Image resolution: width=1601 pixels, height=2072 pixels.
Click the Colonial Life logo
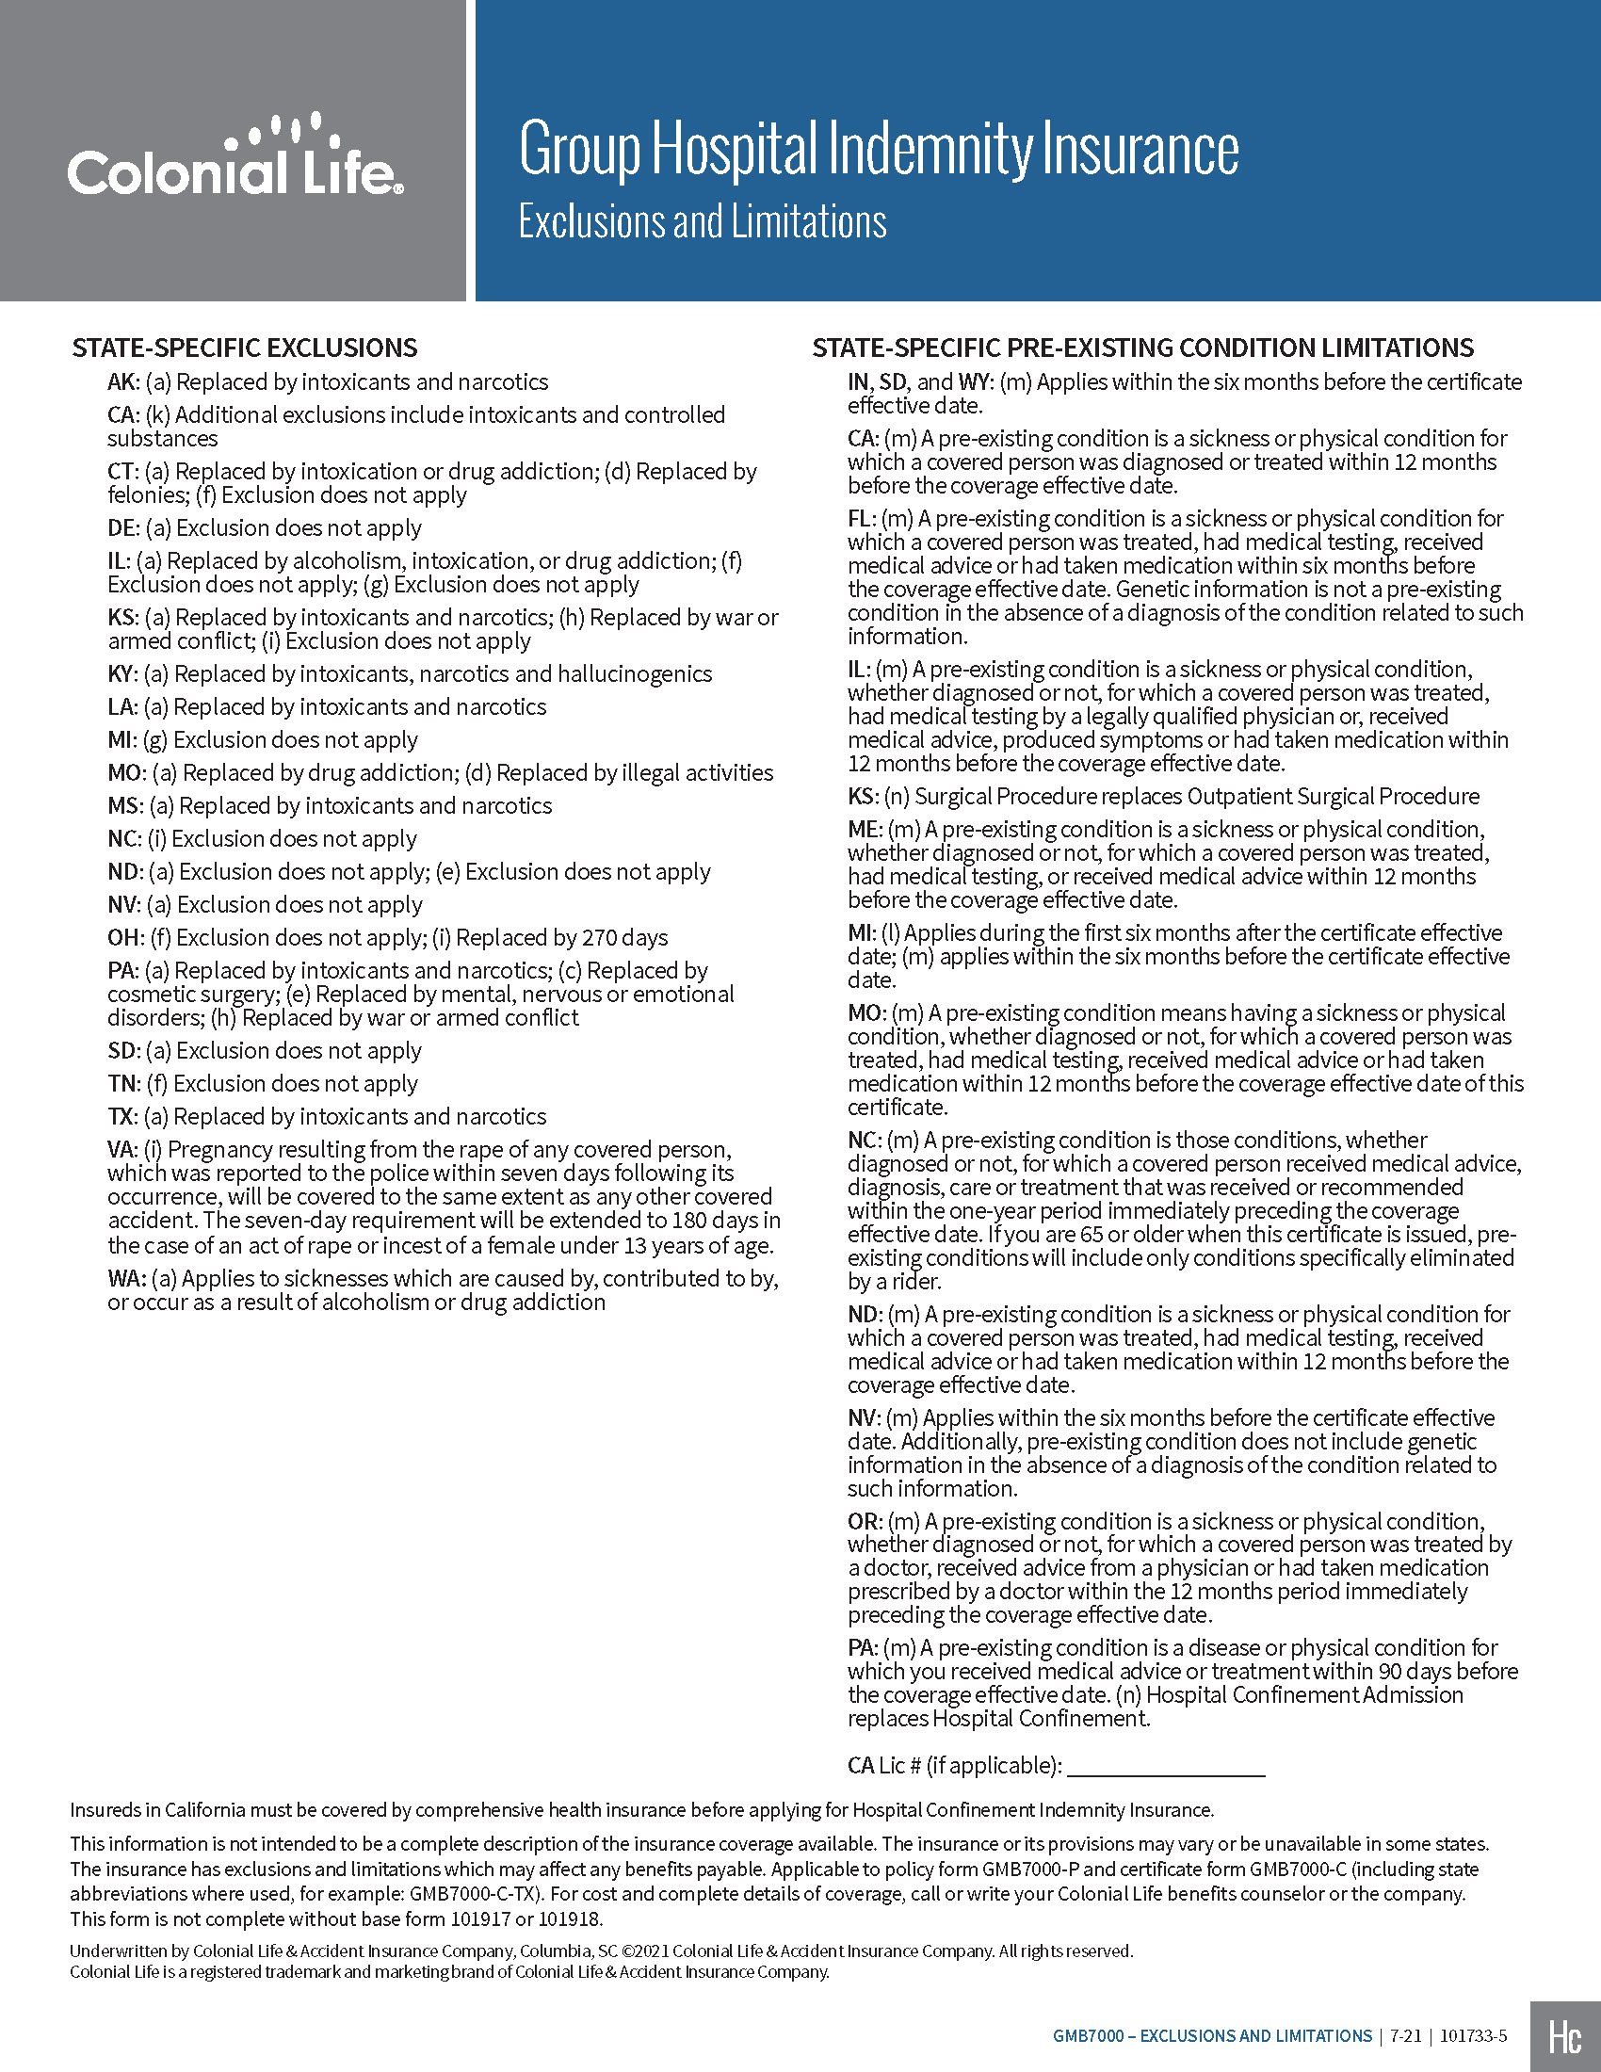(x=234, y=156)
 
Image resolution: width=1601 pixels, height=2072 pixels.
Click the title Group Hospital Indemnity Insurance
(x=879, y=149)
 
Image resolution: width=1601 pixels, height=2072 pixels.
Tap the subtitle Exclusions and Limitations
(x=702, y=222)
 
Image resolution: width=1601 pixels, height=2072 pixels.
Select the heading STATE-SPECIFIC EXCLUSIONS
(x=245, y=348)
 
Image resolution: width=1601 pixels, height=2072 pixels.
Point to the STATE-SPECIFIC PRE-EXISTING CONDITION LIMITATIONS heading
(x=1143, y=348)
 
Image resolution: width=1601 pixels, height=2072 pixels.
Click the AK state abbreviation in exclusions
(x=122, y=382)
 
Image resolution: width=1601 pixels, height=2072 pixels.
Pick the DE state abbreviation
(x=123, y=528)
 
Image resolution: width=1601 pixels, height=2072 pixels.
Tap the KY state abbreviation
(x=122, y=674)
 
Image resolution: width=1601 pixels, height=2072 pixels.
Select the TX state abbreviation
(x=121, y=1117)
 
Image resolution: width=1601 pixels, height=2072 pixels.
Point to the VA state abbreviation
(x=122, y=1150)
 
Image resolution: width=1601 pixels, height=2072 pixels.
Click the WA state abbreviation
(x=125, y=1279)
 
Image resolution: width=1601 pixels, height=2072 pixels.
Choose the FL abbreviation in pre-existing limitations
(x=860, y=519)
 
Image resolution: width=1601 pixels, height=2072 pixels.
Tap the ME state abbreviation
(x=863, y=830)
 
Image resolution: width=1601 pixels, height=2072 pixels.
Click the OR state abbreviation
(x=863, y=1522)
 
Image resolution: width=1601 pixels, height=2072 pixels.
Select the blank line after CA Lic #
(x=1166, y=1766)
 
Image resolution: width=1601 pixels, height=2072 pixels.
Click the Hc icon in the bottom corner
(x=1565, y=2037)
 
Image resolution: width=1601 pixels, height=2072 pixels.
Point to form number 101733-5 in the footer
(x=1473, y=2036)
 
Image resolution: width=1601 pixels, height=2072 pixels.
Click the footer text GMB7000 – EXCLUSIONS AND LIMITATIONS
(x=1212, y=2036)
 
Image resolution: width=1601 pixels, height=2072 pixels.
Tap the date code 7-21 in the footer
(x=1406, y=2036)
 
